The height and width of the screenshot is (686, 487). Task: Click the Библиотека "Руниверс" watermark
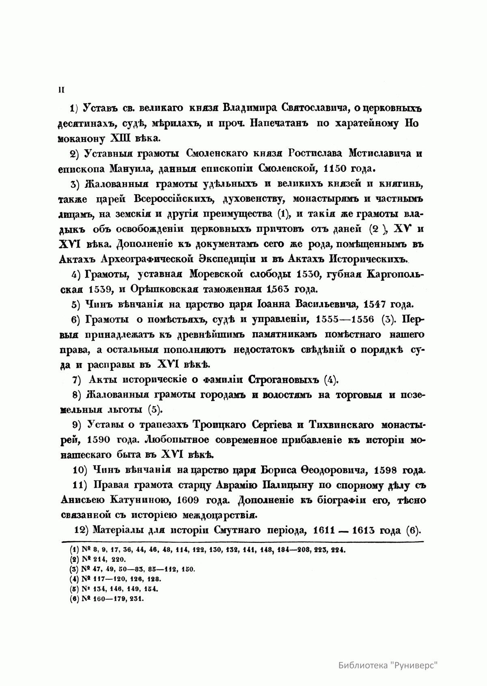(x=389, y=654)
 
